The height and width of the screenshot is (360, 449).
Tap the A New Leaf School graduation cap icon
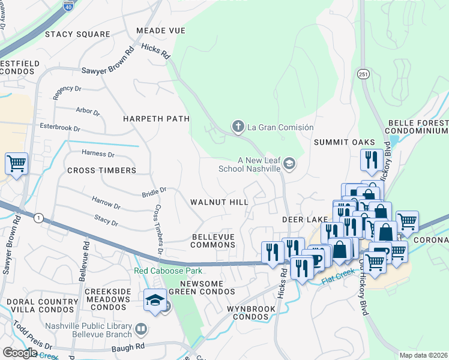pos(289,164)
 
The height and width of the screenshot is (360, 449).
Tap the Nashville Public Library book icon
pos(140,328)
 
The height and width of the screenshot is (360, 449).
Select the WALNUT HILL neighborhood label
pos(219,203)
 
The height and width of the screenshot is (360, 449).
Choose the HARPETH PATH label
pos(156,119)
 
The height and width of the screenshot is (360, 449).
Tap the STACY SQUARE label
pos(77,34)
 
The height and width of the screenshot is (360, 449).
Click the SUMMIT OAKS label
pos(345,142)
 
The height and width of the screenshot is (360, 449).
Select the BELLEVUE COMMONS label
pos(213,241)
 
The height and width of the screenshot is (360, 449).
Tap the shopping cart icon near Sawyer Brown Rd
pos(16,163)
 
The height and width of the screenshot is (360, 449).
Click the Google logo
pos(19,353)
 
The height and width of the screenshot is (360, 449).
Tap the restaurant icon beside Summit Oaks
pos(371,160)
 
